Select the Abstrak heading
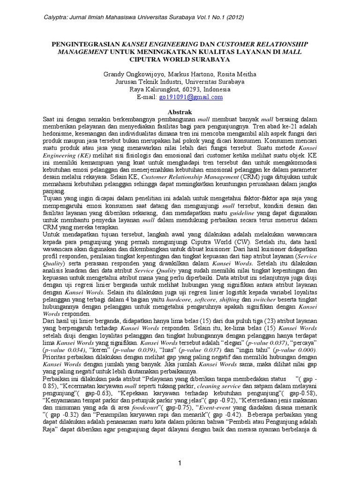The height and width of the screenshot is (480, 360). [x=180, y=112]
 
